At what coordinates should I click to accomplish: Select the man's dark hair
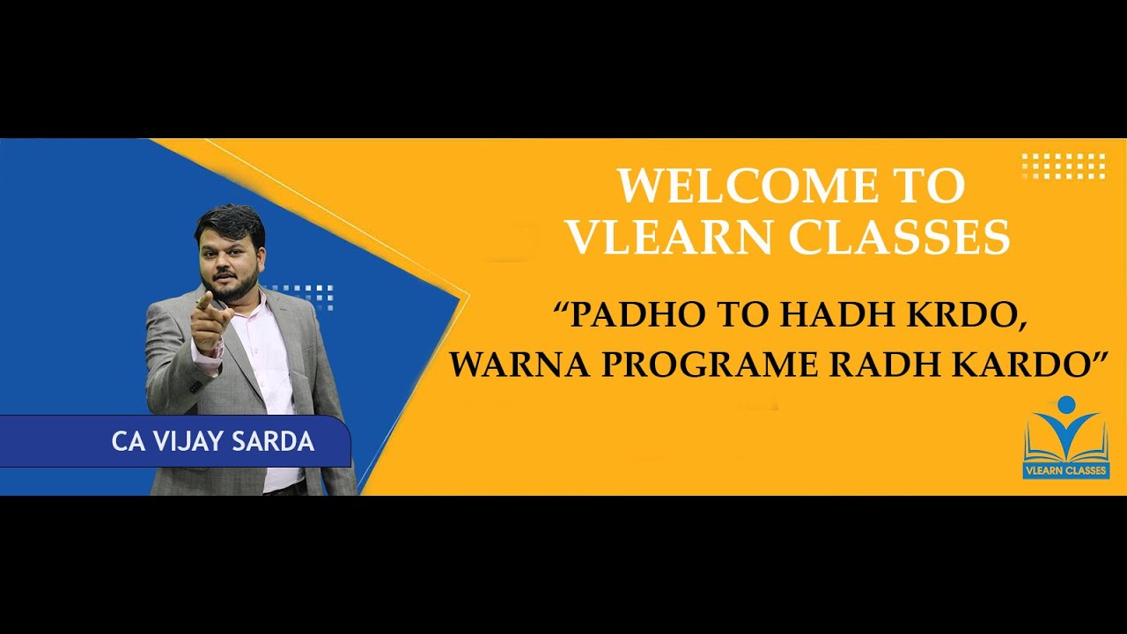click(x=231, y=220)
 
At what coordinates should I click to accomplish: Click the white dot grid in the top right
click(x=1064, y=166)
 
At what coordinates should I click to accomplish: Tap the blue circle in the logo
click(x=1066, y=404)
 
